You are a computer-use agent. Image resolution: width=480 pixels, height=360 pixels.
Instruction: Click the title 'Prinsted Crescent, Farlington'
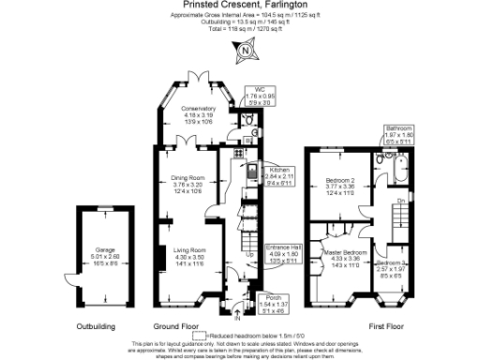(239, 6)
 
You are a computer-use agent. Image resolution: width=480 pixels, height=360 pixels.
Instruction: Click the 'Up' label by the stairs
(248, 255)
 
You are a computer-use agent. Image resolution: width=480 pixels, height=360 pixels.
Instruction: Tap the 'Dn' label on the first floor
(400, 202)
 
